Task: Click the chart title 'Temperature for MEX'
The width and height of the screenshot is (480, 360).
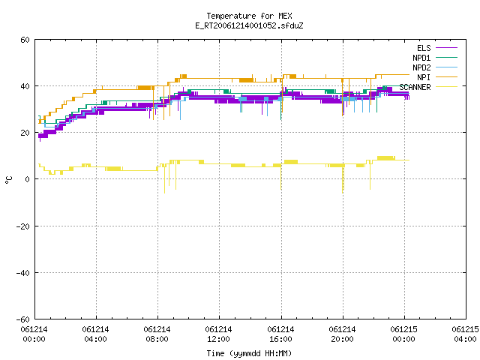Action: [249, 16]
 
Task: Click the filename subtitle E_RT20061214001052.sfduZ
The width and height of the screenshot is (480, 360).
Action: [249, 25]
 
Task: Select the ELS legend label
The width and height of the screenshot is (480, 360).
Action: [424, 48]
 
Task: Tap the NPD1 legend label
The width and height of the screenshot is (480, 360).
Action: [421, 58]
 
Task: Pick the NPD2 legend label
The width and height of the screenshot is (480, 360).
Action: [421, 67]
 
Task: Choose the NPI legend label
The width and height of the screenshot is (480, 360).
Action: [424, 77]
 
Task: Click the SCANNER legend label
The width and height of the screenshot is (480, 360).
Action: [415, 87]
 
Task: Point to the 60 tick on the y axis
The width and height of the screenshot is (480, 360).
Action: [25, 40]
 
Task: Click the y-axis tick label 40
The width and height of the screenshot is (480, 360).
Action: [25, 86]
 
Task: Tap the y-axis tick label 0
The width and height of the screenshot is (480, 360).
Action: [27, 179]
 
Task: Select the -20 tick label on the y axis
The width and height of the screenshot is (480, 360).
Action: [22, 226]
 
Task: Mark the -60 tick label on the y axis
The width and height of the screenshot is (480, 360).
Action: [22, 319]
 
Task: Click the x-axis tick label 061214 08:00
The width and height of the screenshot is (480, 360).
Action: [157, 334]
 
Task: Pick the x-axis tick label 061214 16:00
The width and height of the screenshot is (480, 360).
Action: [280, 334]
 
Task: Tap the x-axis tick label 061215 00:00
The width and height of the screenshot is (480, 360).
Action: [403, 334]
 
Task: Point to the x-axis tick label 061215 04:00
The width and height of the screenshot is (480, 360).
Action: [465, 334]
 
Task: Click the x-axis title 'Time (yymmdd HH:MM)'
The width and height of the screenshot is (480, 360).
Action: [249, 353]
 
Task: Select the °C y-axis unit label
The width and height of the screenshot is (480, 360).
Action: [9, 180]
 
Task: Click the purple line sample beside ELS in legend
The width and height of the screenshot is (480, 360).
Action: [446, 48]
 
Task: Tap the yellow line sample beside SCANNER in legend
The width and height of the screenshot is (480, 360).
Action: [446, 87]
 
